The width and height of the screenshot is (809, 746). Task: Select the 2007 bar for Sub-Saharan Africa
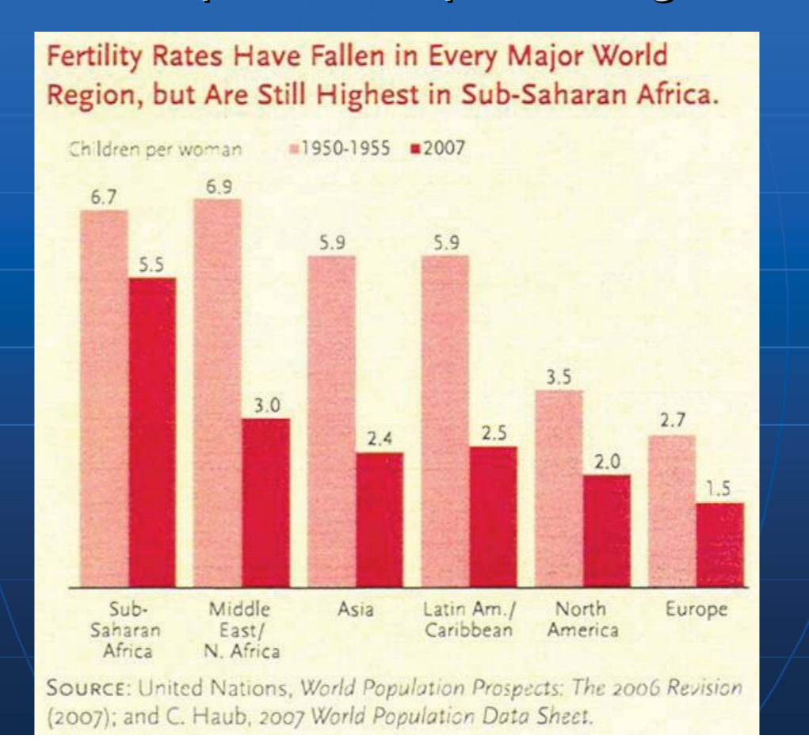click(x=152, y=432)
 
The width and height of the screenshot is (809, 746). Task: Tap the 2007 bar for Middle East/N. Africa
click(x=265, y=502)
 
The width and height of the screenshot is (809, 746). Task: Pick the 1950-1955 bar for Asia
click(x=331, y=421)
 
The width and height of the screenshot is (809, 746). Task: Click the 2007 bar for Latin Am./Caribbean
click(x=493, y=516)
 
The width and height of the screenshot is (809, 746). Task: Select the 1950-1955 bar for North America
click(x=559, y=488)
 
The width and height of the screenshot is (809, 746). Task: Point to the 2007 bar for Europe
click(x=720, y=545)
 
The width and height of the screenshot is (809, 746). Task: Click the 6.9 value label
click(x=217, y=188)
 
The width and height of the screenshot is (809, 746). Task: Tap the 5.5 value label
click(x=151, y=266)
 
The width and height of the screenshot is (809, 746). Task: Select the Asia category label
click(x=356, y=611)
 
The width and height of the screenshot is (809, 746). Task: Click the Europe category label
click(x=696, y=611)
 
